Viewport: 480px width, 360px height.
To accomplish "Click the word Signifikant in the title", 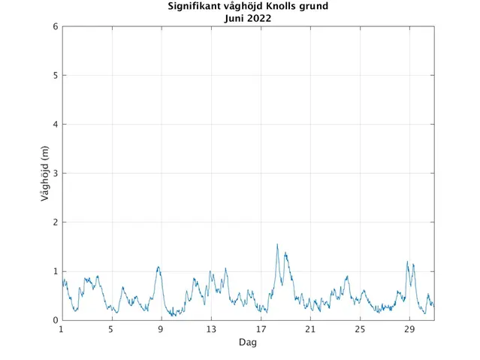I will click(194, 7).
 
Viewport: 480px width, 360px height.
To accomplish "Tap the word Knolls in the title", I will click(282, 7).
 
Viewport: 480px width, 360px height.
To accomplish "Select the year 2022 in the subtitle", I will click(260, 18).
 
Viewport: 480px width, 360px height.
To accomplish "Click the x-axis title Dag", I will click(248, 342).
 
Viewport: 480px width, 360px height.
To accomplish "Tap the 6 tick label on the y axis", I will click(55, 27).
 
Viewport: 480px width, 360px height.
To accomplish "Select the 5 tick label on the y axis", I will click(55, 76).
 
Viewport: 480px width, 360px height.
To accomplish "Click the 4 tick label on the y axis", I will click(55, 125).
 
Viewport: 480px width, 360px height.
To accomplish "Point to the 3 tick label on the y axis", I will click(55, 174).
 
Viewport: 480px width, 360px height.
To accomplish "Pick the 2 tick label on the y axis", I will click(55, 222).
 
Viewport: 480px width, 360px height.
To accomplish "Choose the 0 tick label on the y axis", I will click(55, 321).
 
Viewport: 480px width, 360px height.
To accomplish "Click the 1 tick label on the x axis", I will click(62, 330).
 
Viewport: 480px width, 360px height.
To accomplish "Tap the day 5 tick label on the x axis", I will click(112, 330).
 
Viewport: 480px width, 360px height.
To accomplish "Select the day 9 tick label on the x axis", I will click(162, 330).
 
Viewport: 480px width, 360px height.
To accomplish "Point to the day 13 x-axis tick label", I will click(211, 330).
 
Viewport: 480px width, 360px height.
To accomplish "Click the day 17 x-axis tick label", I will click(261, 330).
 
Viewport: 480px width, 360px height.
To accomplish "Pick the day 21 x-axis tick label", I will click(310, 330).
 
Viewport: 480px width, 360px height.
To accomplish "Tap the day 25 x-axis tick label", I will click(360, 330).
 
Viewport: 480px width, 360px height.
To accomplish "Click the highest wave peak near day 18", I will click(277, 244).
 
